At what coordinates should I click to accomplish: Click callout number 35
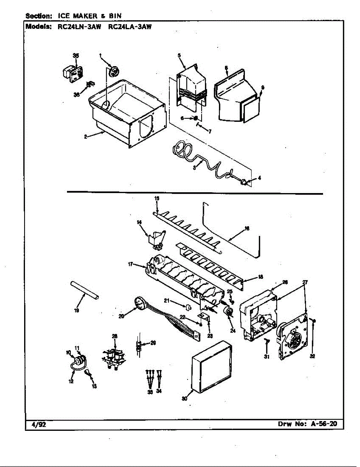point(76,55)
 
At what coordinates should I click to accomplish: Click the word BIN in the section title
point(115,16)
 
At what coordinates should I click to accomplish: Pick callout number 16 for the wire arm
point(246,228)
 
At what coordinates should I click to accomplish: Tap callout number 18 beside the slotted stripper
point(260,277)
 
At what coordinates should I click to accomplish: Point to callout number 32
point(312,356)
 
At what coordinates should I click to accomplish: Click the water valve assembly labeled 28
point(114,358)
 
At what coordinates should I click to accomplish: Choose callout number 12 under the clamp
point(71,381)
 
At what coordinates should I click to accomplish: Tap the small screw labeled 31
point(267,341)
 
